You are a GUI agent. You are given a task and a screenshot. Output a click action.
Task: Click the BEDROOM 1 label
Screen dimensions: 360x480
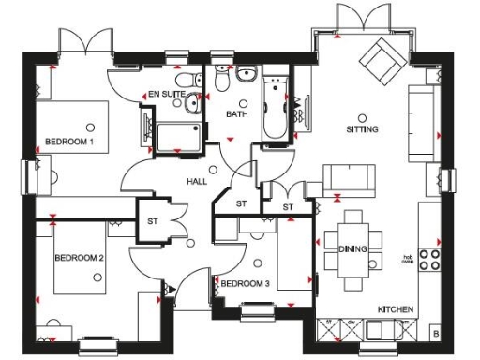[x=70, y=142]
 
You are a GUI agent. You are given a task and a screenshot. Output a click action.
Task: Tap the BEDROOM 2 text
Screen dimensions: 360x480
[x=78, y=257]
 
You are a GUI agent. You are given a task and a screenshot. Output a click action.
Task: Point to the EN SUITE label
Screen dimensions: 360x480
[x=168, y=94]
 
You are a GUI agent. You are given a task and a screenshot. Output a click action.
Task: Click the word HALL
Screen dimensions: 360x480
[x=197, y=182]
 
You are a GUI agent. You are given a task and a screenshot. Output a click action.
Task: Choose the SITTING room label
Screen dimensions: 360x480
[x=363, y=129]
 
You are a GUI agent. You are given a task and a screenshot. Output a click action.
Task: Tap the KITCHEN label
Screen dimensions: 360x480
[x=396, y=308]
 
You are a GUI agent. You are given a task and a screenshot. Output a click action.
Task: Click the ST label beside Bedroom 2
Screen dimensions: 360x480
[x=152, y=222]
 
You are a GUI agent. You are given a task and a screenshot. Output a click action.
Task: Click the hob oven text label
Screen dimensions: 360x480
[x=409, y=258]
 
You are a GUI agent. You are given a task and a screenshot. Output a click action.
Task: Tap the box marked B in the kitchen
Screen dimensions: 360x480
[x=434, y=333]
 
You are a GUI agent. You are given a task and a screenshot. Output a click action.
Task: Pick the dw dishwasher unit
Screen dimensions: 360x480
[x=350, y=327]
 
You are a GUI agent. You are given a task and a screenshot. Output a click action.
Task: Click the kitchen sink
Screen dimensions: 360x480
[x=385, y=329]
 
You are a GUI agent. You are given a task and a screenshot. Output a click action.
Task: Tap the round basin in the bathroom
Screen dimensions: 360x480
[x=247, y=77]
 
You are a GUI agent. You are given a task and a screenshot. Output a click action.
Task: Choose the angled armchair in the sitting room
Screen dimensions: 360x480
[x=382, y=61]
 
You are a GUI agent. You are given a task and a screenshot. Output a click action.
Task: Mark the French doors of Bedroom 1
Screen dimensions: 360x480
[x=83, y=42]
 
